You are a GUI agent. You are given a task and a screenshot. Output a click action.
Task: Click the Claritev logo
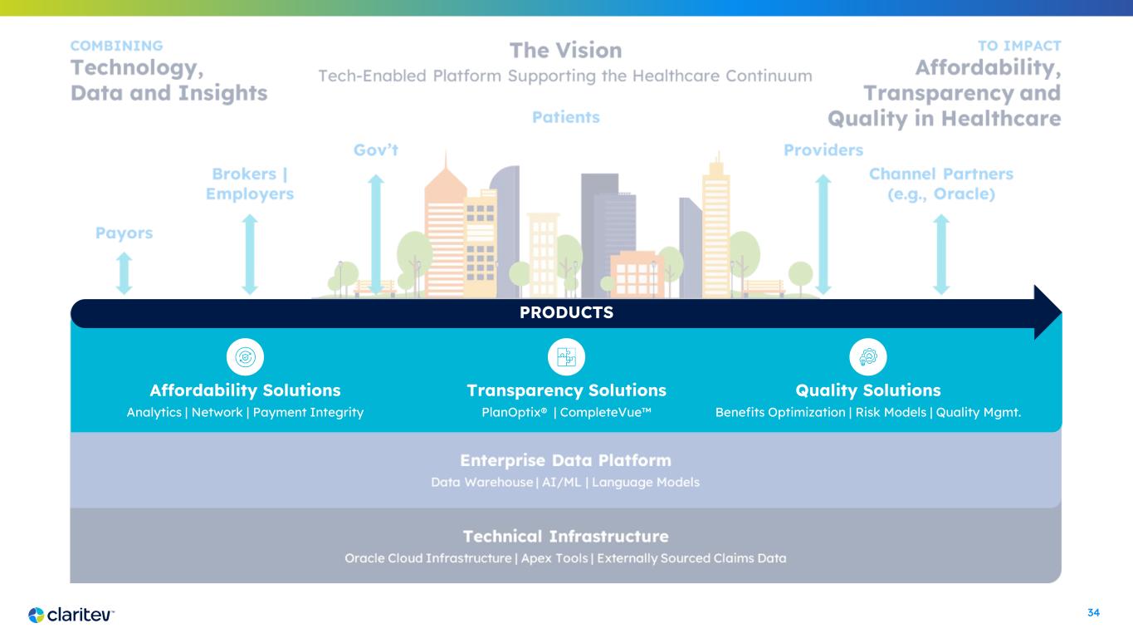coord(71,615)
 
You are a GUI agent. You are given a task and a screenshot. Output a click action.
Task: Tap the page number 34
coord(1093,613)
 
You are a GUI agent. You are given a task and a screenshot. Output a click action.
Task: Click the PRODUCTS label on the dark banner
coord(567,313)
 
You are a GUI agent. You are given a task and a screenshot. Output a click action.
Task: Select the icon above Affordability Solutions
coord(245,357)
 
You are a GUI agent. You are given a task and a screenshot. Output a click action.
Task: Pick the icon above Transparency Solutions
coord(567,357)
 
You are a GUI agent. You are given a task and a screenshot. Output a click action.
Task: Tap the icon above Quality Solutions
coord(868,357)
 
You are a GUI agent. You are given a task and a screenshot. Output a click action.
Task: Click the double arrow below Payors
coord(124,272)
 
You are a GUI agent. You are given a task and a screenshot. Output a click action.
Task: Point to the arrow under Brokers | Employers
coord(250,254)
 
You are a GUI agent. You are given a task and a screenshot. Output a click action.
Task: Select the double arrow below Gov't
coord(376,233)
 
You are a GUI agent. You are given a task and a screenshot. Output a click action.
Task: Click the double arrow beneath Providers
coord(823,233)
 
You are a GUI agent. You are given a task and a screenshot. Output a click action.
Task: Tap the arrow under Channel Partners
coord(941,254)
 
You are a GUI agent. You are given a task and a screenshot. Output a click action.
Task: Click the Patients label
coord(566,117)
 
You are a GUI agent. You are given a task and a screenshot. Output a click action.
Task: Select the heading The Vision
coord(565,51)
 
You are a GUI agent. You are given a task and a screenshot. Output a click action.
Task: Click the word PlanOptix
coord(505,412)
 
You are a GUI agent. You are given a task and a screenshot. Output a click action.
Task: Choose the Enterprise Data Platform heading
coord(565,460)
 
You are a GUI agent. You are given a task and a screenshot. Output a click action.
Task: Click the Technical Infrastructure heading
coord(565,536)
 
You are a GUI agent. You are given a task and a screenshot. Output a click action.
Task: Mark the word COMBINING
coord(116,46)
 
